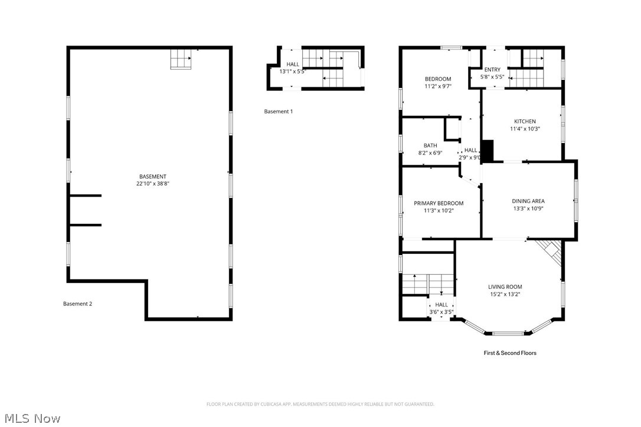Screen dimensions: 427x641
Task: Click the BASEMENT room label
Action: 152,177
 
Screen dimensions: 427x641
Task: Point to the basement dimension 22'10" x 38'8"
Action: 152,184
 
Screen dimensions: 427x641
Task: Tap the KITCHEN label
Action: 525,122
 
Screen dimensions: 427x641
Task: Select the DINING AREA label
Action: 528,201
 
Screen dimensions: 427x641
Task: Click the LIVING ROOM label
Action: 505,287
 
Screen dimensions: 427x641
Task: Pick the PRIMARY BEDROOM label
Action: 439,203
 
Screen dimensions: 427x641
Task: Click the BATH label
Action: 430,146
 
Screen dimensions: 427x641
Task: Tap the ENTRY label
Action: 492,70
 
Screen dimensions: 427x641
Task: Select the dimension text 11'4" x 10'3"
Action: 525,129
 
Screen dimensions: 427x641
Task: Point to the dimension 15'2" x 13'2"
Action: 505,294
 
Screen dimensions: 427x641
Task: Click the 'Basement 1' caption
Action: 278,112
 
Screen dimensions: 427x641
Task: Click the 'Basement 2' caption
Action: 77,304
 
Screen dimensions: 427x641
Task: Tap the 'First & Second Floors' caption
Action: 510,353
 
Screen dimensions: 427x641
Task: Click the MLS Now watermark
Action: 31,419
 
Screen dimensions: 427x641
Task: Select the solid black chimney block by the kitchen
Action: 488,151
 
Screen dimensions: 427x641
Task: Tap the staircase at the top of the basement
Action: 181,59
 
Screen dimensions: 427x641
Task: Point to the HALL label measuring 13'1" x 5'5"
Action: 293,64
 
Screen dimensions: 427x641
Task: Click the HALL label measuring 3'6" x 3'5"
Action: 441,305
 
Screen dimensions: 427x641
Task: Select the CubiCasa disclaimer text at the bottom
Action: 320,405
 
